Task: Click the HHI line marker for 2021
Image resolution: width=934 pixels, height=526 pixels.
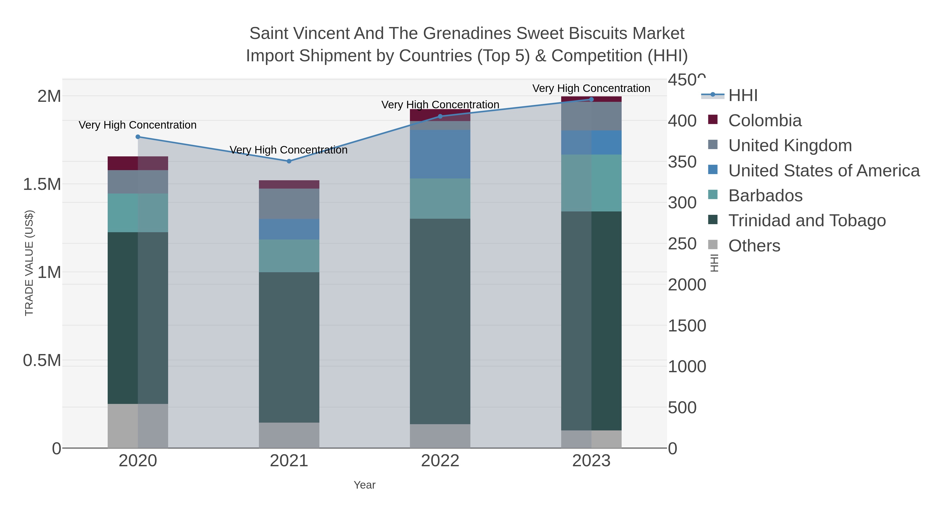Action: click(289, 161)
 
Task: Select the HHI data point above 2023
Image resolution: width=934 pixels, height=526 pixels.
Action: click(591, 99)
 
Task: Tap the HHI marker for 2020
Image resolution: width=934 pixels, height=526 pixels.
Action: click(138, 137)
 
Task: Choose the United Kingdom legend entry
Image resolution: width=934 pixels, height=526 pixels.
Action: click(790, 145)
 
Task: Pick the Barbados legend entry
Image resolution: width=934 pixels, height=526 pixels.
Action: click(765, 196)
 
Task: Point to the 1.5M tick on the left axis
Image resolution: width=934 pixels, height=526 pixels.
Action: click(42, 184)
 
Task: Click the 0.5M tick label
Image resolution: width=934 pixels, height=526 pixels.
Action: click(42, 361)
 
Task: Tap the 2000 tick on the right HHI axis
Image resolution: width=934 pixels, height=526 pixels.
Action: click(687, 285)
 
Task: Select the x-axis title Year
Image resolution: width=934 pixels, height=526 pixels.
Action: click(365, 485)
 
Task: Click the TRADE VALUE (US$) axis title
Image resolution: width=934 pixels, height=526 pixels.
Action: click(29, 263)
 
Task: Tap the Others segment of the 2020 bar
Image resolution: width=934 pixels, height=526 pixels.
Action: click(138, 425)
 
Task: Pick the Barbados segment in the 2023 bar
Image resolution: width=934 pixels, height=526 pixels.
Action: click(591, 183)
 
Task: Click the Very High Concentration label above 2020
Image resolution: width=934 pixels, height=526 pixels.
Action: click(138, 125)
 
